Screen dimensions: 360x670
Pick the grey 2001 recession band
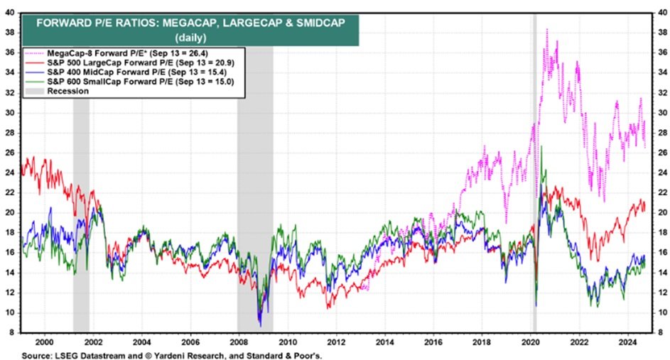coord(81,213)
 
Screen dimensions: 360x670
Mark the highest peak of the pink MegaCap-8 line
coord(546,29)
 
